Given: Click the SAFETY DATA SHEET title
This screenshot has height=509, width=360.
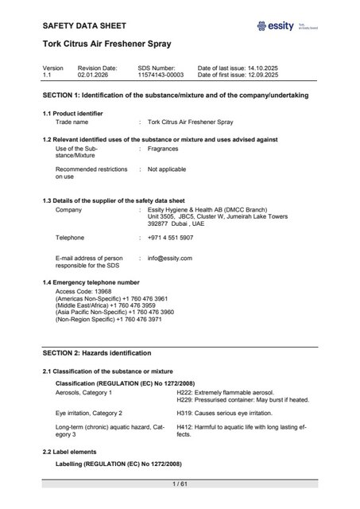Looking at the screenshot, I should (x=84, y=26).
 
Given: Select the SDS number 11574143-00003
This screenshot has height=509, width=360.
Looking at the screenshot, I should (x=160, y=74).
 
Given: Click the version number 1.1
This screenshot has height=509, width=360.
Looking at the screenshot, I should (x=47, y=74).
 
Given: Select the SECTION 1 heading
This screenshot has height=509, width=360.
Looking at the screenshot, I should (x=175, y=95).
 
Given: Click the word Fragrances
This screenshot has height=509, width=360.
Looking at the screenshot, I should (x=164, y=149).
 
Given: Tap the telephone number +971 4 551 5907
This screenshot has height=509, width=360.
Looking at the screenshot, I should (x=170, y=238).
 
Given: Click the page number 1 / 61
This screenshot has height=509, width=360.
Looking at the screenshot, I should (x=179, y=484).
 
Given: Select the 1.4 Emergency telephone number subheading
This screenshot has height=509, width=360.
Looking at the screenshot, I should (x=90, y=282).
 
